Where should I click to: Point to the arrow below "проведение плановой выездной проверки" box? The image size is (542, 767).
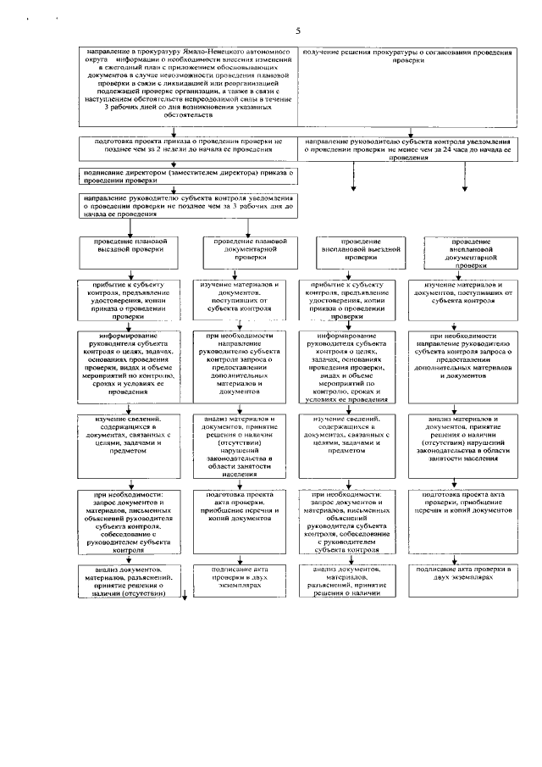(130, 271)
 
